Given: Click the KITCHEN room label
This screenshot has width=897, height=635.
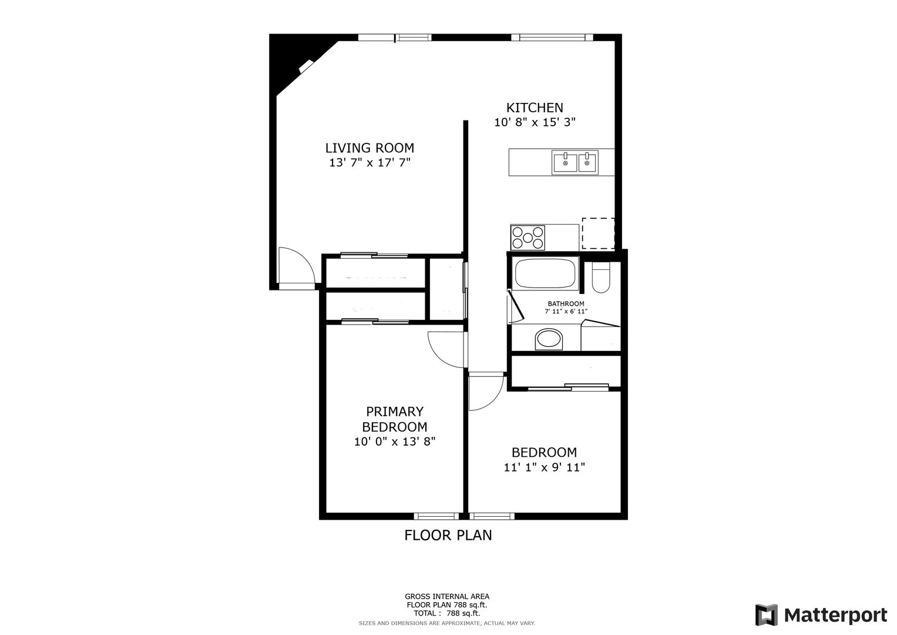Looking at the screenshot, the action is pyautogui.click(x=535, y=108).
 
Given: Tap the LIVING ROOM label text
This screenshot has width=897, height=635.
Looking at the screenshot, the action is pyautogui.click(x=369, y=148).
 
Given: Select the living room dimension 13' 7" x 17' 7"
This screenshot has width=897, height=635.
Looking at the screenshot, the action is pyautogui.click(x=370, y=162).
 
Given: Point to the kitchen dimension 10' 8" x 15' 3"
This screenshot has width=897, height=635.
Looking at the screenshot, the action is pyautogui.click(x=535, y=122).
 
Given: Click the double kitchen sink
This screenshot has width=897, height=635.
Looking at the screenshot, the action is pyautogui.click(x=575, y=162).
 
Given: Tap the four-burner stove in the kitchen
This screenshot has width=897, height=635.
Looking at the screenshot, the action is pyautogui.click(x=528, y=238).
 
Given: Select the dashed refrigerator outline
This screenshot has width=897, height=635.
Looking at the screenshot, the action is pyautogui.click(x=598, y=233).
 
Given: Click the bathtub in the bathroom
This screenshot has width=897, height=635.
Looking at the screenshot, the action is pyautogui.click(x=545, y=273).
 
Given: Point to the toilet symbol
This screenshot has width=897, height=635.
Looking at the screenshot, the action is pyautogui.click(x=601, y=278).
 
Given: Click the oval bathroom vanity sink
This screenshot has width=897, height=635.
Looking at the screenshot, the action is pyautogui.click(x=549, y=339).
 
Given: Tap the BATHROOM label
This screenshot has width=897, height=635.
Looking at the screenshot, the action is pyautogui.click(x=566, y=304).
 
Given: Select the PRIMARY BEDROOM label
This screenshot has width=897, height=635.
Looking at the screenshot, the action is pyautogui.click(x=394, y=419).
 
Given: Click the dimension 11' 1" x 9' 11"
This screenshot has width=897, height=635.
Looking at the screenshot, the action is pyautogui.click(x=544, y=467).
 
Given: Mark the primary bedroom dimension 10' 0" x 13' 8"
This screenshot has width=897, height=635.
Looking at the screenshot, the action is pyautogui.click(x=394, y=442).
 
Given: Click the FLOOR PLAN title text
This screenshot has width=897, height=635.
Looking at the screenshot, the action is pyautogui.click(x=448, y=535).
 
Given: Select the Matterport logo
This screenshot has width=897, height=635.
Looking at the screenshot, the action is pyautogui.click(x=821, y=615).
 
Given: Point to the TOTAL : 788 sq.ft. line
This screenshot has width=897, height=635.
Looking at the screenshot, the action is pyautogui.click(x=447, y=613).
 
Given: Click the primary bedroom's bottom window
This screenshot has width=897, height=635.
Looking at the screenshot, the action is pyautogui.click(x=436, y=516).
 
